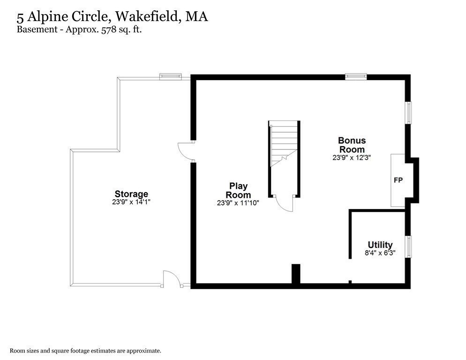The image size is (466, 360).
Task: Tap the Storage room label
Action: pyautogui.click(x=131, y=194)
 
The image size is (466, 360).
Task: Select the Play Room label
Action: pyautogui.click(x=238, y=190)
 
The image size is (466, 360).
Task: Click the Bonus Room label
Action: pyautogui.click(x=352, y=145)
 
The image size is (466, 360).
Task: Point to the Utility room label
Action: pyautogui.click(x=380, y=245)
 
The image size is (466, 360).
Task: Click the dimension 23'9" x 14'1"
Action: pyautogui.click(x=131, y=202)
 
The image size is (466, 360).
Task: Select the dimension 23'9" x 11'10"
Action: pyautogui.click(x=238, y=203)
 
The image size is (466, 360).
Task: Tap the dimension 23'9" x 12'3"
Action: pyautogui.click(x=352, y=158)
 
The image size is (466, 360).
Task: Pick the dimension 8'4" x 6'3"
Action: pyautogui.click(x=380, y=253)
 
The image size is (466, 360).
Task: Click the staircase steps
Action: pyautogui.click(x=284, y=141)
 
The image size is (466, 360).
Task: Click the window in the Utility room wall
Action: pyautogui.click(x=408, y=247)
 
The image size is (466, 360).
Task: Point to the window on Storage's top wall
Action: pyautogui.click(x=170, y=76)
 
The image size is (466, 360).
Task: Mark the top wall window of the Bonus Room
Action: pyautogui.click(x=356, y=76)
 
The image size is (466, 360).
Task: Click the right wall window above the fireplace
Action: pyautogui.click(x=408, y=113)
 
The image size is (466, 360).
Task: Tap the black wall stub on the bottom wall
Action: pyautogui.click(x=296, y=274)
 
